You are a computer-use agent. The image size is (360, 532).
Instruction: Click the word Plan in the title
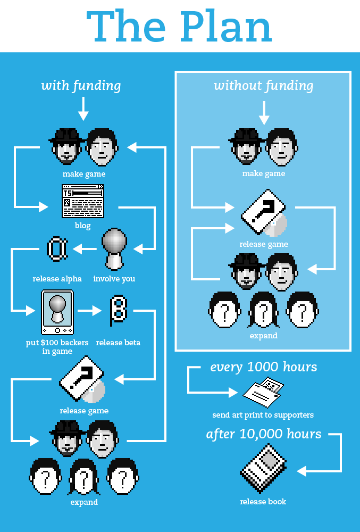pos(228,28)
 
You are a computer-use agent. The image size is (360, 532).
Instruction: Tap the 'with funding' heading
pos(81,86)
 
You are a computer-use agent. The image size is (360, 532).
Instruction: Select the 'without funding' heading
pos(263,86)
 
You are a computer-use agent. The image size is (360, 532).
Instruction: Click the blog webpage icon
pos(82,201)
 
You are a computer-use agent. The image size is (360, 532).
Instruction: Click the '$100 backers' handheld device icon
pos(57,312)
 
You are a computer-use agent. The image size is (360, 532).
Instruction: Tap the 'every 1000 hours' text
pos(263,367)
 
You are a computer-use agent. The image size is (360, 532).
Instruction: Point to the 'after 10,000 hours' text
pos(263,434)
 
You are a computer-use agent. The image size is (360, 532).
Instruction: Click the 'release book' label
pos(263,502)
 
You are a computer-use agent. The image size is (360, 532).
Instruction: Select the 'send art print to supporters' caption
pos(263,415)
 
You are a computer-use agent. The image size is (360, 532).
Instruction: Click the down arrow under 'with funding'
pos(82,109)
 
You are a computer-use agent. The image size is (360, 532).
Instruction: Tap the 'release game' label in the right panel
pos(264,244)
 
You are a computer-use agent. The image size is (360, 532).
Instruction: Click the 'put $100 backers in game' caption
pos(57,347)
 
